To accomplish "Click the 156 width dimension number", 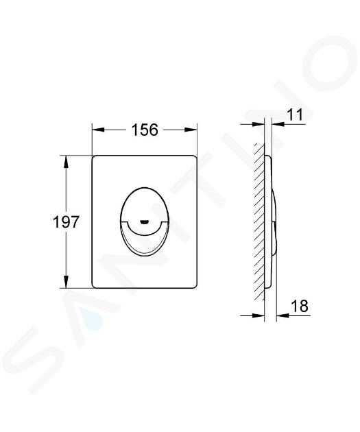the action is point(145,130).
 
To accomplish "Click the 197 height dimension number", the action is point(66,221).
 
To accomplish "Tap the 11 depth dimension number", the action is point(295,115).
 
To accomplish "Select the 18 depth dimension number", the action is point(300,306).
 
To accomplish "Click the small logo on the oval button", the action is point(145,221).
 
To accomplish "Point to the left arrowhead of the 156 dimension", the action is point(98,130).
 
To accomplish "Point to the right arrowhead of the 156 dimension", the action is point(191,130).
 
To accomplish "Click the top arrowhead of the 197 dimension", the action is point(66,162).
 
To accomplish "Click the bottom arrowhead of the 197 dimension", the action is point(66,282).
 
